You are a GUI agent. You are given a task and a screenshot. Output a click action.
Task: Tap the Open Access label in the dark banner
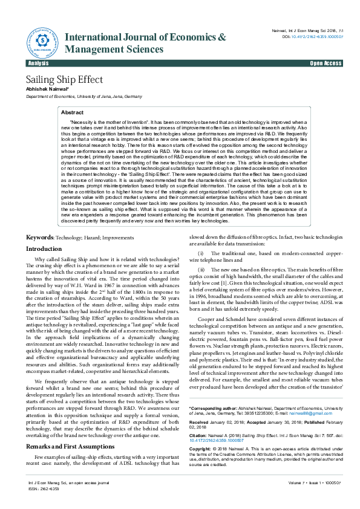point(326,63)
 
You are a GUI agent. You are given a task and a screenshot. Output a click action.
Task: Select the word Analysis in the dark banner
point(39,63)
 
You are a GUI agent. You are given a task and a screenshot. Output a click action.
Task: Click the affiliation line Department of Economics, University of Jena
point(83,96)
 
